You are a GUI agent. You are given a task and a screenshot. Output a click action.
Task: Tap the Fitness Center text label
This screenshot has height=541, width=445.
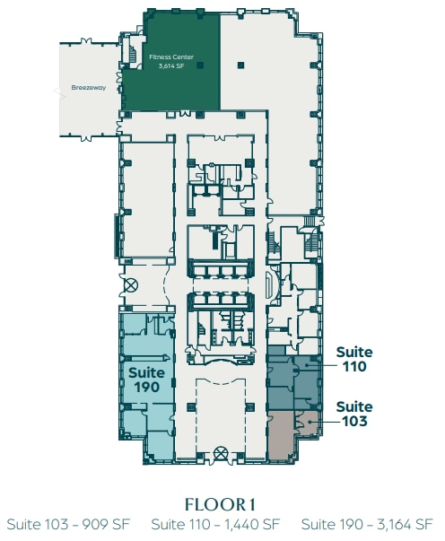(166, 57)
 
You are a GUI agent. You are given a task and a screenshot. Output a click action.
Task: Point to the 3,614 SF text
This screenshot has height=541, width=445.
(166, 65)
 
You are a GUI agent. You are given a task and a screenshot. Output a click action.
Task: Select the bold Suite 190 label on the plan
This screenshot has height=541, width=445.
(144, 379)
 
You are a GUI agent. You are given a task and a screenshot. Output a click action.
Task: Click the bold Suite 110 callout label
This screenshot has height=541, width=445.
(354, 360)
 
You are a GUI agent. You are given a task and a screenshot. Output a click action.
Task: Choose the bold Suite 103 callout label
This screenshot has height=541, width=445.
(354, 414)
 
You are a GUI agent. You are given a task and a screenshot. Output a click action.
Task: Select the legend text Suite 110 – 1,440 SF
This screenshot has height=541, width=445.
(216, 524)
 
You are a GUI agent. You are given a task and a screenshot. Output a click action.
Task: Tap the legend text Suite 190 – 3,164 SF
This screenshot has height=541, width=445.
(368, 524)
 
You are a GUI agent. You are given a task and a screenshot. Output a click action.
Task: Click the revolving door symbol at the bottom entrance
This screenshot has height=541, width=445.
(222, 452)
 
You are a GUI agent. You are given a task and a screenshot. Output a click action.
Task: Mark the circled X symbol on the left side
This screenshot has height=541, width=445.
(131, 286)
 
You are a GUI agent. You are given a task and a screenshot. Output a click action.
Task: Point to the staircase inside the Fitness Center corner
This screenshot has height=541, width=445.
(132, 54)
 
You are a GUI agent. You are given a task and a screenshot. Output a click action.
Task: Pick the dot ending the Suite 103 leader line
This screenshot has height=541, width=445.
(308, 419)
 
